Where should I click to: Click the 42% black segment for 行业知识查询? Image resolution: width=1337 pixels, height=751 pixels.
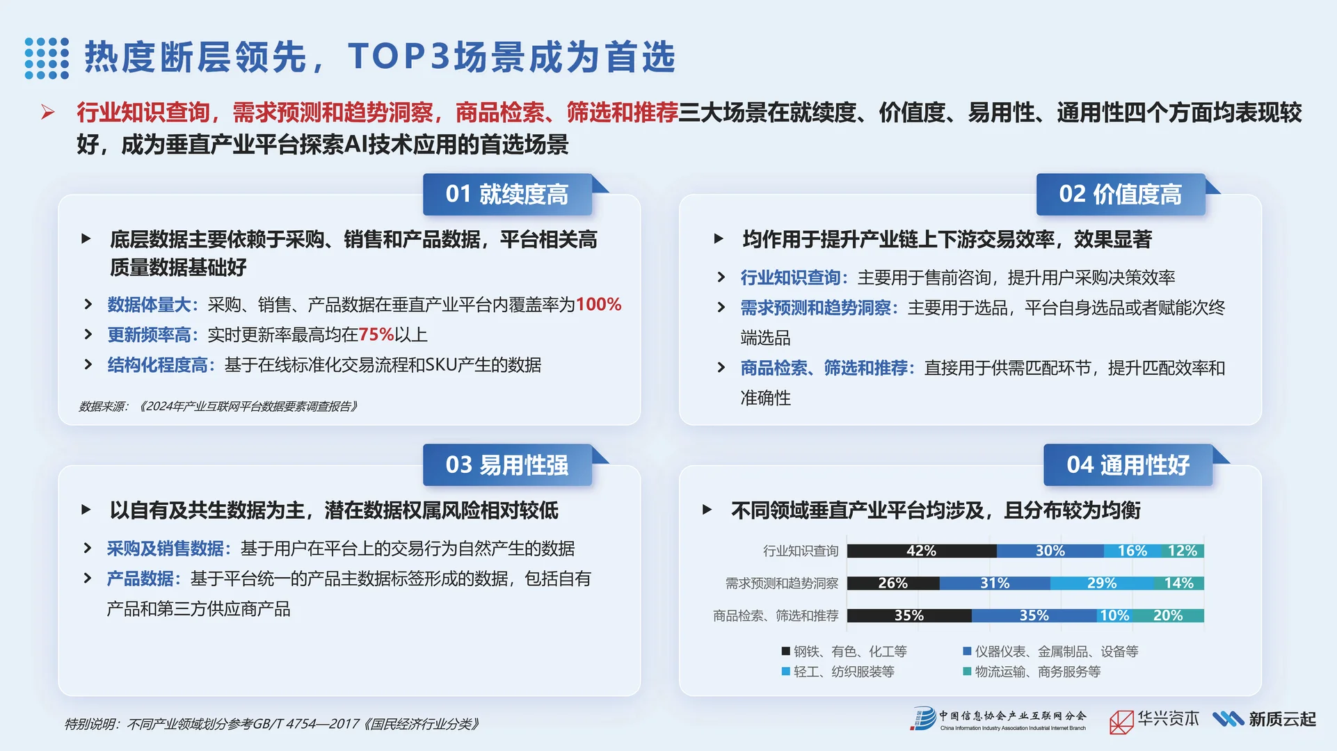pos(921,551)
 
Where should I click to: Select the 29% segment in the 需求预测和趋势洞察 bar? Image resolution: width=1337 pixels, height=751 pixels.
pos(1102,583)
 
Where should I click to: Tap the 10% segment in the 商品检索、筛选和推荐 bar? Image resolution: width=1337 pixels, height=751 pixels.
pos(1114,615)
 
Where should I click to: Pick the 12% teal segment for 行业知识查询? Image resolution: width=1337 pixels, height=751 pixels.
pos(1182,551)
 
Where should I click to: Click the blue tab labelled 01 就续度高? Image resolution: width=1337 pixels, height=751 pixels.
pos(507,194)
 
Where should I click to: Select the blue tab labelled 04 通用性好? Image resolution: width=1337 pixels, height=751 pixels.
pos(1128,465)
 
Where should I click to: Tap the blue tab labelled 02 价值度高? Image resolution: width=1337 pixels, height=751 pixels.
pos(1120,194)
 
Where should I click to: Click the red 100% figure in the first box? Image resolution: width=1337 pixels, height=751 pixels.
pos(598,305)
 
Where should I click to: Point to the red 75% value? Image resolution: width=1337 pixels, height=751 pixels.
pos(376,334)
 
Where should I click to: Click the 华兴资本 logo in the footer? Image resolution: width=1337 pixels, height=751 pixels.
pos(1154,720)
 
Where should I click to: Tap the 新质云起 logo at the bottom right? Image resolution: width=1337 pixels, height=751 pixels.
pos(1265,719)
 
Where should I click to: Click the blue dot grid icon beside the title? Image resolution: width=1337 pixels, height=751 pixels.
pos(47,58)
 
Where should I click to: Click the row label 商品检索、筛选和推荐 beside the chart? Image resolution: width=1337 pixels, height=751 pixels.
pos(776,615)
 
